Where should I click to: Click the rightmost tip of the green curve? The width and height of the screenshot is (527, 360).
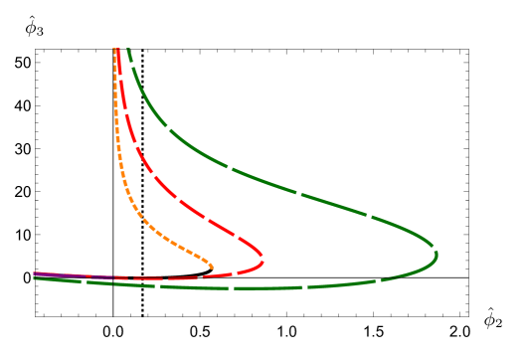pos(437,256)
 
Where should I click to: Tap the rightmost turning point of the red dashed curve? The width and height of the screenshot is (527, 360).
pos(263,260)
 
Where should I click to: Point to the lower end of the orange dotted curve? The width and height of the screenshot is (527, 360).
pos(212,267)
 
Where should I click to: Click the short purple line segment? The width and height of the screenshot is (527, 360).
pos(70,275)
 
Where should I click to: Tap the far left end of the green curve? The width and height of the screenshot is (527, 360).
pos(35,277)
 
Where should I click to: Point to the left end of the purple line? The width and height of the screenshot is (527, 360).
pos(35,273)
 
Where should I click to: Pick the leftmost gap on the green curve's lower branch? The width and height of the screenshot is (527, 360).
pos(85,281)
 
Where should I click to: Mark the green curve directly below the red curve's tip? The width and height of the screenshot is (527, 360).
pos(263,288)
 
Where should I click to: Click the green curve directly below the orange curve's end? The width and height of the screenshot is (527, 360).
pos(212,287)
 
